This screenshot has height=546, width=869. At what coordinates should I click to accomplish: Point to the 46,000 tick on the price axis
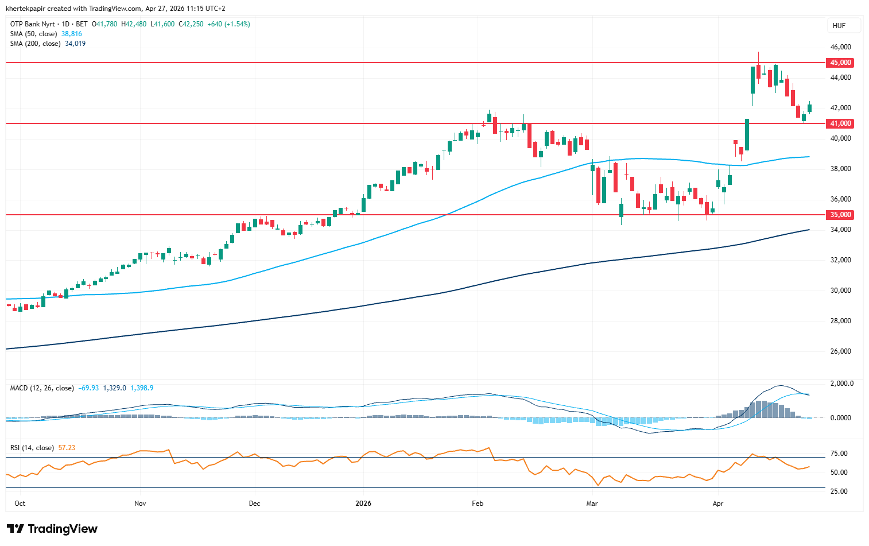point(840,47)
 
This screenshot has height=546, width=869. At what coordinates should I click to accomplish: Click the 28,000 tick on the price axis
point(840,321)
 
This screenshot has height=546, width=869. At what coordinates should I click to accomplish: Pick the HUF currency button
point(839,26)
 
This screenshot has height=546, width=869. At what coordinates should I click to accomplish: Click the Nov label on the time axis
point(140,504)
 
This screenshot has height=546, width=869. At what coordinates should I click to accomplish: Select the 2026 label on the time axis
point(363,504)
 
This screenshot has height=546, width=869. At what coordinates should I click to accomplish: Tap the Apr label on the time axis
point(717,504)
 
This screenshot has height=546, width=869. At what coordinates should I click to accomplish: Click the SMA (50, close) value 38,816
point(72,34)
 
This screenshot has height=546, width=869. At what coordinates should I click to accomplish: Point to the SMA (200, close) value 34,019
point(75,44)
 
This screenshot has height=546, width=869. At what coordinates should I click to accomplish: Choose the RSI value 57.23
point(67,448)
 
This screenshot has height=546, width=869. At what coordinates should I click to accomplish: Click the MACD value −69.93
point(88,388)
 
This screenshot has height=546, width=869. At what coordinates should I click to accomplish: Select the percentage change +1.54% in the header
point(238,24)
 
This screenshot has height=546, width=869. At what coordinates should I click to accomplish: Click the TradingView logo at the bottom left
point(52,529)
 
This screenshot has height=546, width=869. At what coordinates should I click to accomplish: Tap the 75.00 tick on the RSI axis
point(839,454)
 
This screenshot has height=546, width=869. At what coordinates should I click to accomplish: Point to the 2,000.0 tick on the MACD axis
point(841,384)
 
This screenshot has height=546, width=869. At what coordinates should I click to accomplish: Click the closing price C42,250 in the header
point(191,24)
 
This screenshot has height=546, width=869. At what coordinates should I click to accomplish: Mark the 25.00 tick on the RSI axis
point(839,491)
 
